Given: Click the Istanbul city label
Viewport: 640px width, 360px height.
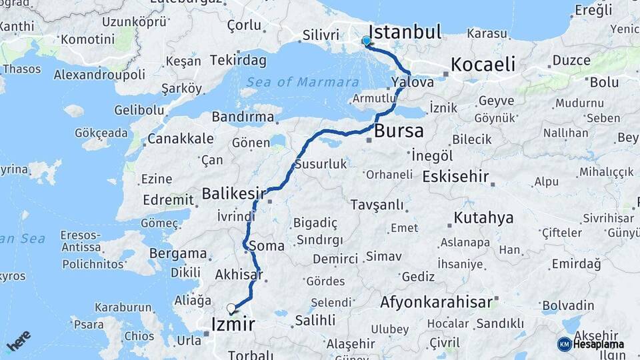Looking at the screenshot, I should click(x=405, y=32).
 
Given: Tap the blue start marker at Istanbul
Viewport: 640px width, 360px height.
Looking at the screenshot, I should click(x=366, y=41).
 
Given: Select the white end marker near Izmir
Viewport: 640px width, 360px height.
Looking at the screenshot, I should click(x=231, y=308).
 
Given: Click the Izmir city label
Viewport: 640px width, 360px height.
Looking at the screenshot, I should click(x=233, y=325).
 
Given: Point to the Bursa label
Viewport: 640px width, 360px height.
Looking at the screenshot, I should click(x=399, y=131).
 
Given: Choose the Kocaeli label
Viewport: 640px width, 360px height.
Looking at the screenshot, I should click(x=483, y=65).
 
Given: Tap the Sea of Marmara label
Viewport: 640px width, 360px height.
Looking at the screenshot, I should click(x=303, y=82).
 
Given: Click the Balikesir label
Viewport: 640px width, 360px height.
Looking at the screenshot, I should click(x=229, y=194).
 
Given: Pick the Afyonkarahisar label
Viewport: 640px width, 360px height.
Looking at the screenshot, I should click(x=436, y=302).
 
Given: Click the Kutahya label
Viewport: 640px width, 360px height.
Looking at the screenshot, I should click(x=483, y=218).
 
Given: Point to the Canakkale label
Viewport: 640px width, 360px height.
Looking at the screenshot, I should click(x=181, y=139).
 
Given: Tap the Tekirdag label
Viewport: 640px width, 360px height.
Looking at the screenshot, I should click(x=238, y=61).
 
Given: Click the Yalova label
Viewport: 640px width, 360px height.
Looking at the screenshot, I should click(x=413, y=82).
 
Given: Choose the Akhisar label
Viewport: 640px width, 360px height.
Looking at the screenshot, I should click(x=237, y=274).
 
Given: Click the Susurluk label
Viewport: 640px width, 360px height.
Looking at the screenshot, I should click(x=321, y=163).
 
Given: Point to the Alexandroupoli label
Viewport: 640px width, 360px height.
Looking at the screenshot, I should click(x=99, y=74).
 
